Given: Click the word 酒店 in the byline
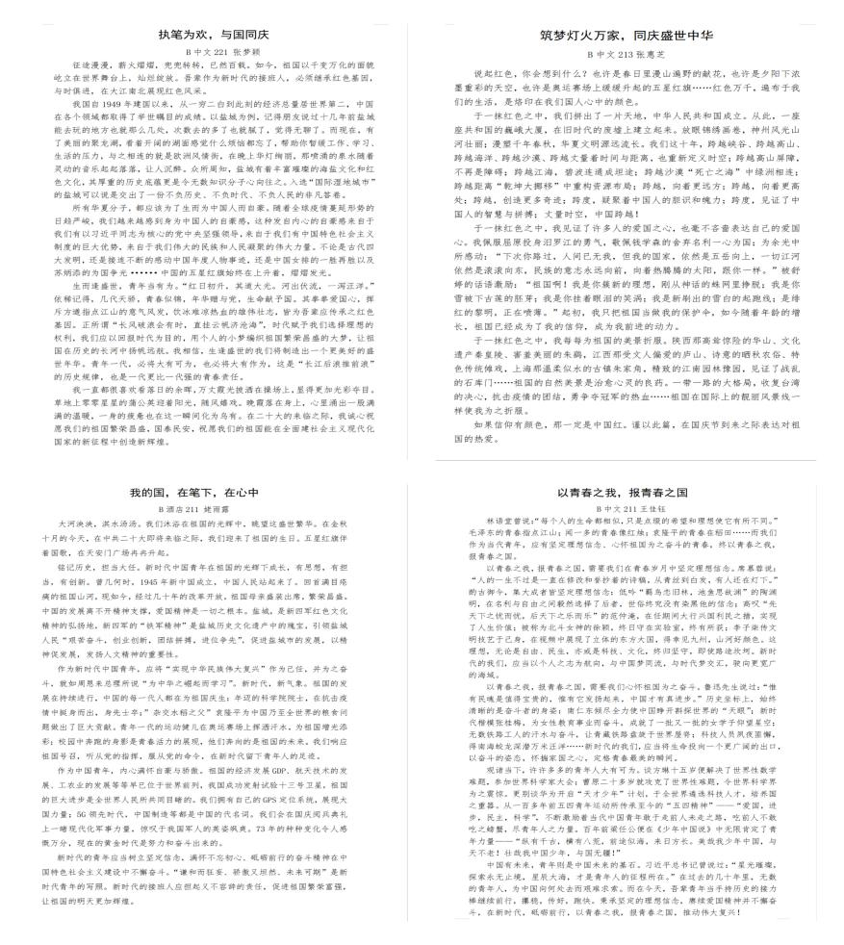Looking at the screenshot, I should pyautogui.click(x=189, y=507).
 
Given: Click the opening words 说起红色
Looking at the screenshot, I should pyautogui.click(x=491, y=73).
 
